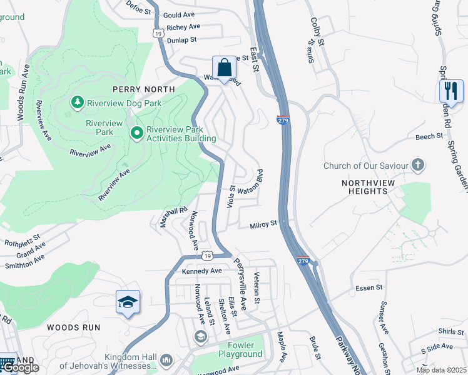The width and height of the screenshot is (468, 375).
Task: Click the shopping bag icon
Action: pos(223,68)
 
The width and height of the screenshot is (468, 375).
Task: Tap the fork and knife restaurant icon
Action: pos(450,91)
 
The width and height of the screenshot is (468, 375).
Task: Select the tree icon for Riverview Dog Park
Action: pos(77,101)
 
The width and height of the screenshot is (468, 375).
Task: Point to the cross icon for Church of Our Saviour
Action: pos(418,166)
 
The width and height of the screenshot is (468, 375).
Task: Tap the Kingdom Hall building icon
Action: pos(166,360)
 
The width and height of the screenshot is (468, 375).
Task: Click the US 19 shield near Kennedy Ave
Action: pos(208,256)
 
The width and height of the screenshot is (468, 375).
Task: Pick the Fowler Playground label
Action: pos(240,349)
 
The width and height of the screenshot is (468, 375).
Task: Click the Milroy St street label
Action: pos(263,225)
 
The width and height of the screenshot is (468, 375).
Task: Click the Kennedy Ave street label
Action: pos(202,271)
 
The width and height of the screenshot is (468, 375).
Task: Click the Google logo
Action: pos(20,367)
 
